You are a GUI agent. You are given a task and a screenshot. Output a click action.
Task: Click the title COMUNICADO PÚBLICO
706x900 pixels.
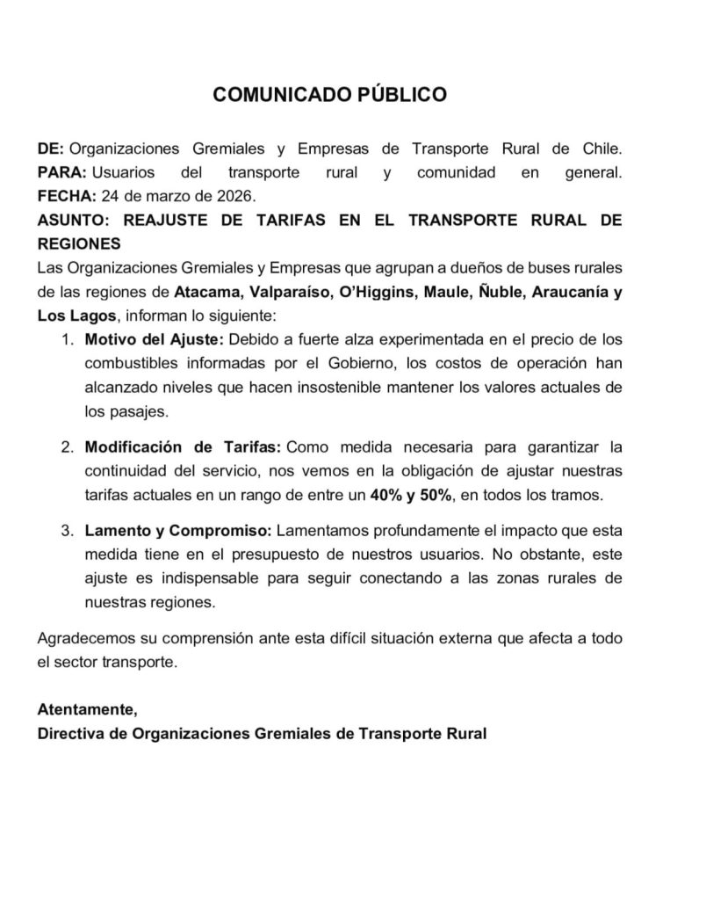[329, 95]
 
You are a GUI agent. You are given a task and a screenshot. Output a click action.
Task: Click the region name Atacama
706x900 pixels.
[205, 292]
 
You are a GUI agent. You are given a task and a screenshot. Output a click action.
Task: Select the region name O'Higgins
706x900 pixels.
[374, 292]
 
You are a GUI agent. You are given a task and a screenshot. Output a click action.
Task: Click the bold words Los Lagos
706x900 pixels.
[76, 316]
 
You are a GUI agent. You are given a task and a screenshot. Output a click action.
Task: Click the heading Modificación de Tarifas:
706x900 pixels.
[184, 447]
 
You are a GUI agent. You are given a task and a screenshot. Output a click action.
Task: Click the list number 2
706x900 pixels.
[67, 447]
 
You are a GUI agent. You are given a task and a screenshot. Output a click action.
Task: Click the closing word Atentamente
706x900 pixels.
[87, 708]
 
